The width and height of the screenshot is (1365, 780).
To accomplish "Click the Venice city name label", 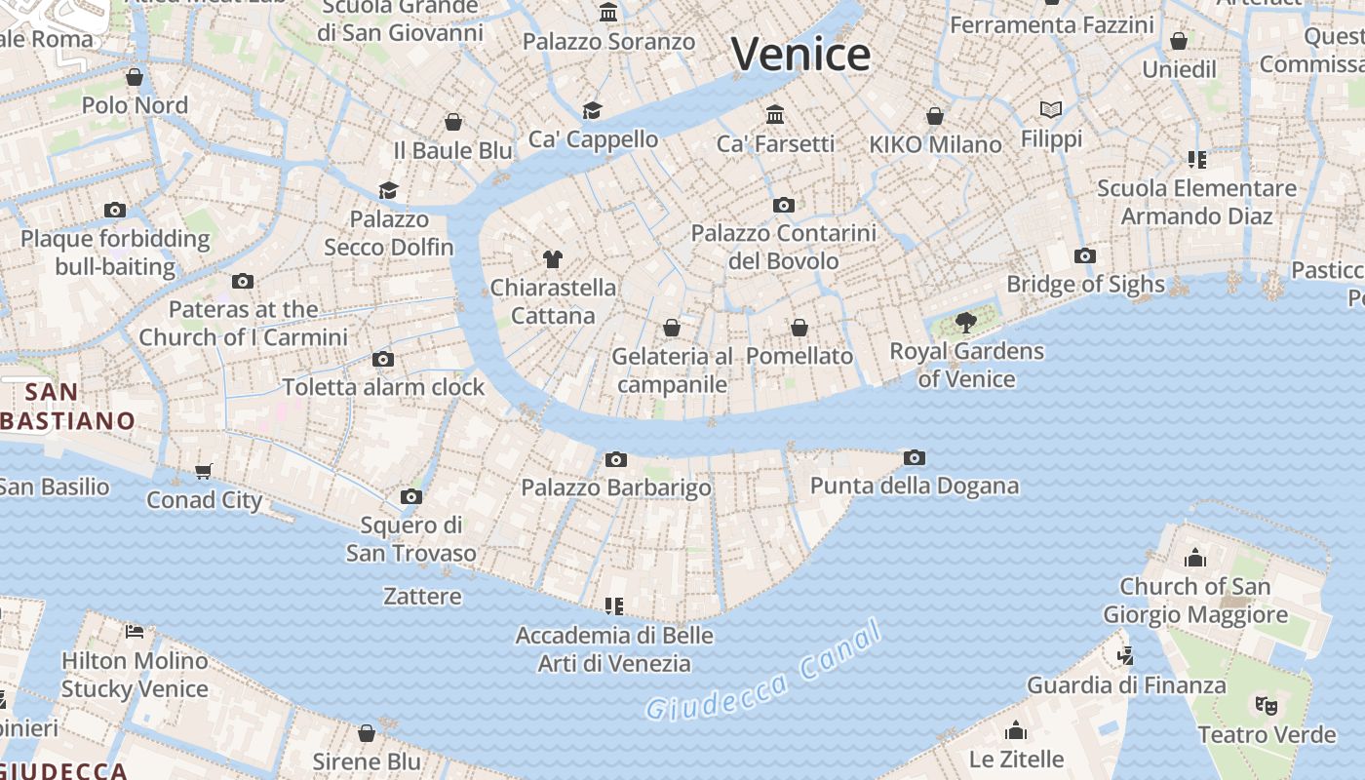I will click(800, 55).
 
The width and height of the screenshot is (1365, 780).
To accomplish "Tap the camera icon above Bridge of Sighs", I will click(1085, 256).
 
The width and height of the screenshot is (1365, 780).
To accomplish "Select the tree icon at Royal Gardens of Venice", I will click(966, 322).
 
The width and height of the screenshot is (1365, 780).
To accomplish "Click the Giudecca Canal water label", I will click(764, 672).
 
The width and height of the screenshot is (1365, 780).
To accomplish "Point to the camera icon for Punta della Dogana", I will click(914, 457).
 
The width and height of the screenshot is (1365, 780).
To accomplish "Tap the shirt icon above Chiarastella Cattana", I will click(553, 258).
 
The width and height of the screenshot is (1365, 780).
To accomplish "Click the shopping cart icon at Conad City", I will click(204, 472).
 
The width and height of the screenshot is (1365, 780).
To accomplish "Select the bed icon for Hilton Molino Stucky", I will click(135, 632).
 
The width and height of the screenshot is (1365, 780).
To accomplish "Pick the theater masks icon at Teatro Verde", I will click(1267, 705).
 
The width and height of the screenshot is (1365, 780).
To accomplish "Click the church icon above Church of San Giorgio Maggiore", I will click(1195, 558).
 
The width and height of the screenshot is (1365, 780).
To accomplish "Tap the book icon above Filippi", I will click(1051, 109).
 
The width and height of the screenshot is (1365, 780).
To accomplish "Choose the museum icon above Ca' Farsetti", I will click(775, 115).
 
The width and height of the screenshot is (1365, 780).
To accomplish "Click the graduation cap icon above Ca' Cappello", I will click(592, 110).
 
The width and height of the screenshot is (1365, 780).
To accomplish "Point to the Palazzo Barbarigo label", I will click(616, 487).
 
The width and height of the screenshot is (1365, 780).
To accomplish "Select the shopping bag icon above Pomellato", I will click(799, 328).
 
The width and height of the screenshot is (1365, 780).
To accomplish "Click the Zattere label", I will click(422, 596).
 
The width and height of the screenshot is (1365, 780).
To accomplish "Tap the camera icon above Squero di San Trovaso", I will click(411, 497).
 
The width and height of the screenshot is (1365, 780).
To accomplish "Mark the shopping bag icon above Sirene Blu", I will click(367, 733).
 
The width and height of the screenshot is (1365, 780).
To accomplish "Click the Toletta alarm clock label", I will click(383, 387).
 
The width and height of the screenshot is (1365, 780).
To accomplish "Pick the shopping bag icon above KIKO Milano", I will click(935, 116).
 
